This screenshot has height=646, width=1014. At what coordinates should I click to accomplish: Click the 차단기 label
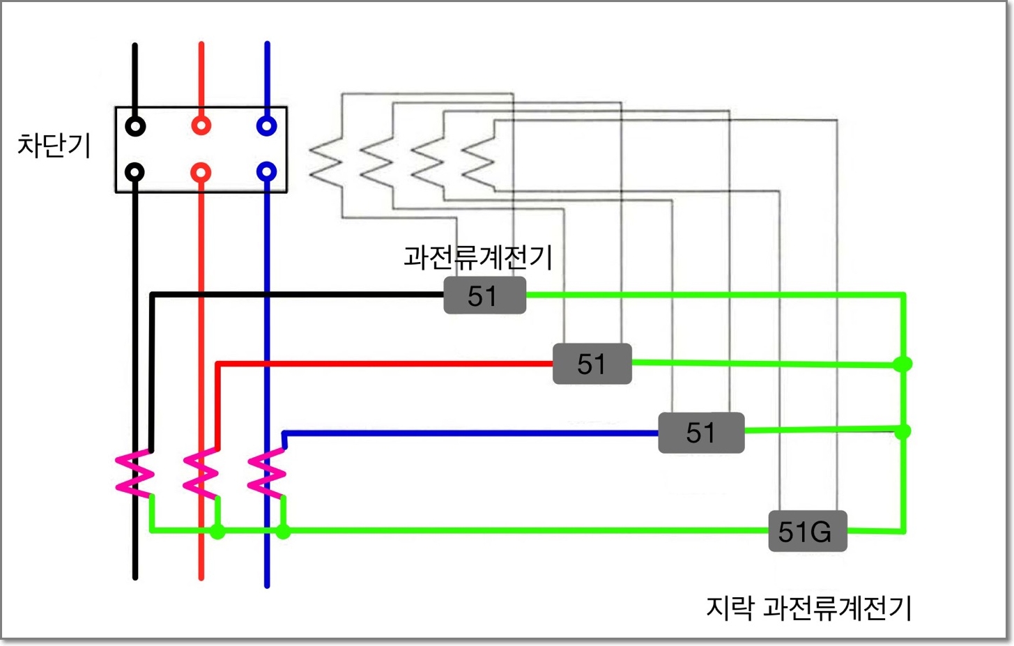click(x=54, y=146)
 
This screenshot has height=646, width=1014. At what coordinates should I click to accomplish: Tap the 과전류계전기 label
click(x=478, y=257)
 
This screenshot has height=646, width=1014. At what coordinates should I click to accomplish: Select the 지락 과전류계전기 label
click(x=809, y=608)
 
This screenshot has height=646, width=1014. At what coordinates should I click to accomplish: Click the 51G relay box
click(x=807, y=532)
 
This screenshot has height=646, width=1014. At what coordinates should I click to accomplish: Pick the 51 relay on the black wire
click(x=484, y=295)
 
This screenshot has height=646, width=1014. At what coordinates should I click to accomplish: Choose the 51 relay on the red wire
click(x=592, y=364)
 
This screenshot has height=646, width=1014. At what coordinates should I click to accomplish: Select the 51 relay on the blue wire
click(x=701, y=433)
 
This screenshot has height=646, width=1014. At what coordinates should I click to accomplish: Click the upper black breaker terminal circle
click(x=135, y=126)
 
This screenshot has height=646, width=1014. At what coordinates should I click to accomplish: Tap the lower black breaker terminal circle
click(x=135, y=172)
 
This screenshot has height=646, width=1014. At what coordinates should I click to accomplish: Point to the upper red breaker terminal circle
click(x=201, y=126)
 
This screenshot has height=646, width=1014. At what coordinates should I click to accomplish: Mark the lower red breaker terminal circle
click(x=201, y=172)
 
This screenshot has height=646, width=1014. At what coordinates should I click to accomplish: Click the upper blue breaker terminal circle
click(x=267, y=126)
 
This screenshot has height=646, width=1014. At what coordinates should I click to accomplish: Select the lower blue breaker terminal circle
click(x=267, y=171)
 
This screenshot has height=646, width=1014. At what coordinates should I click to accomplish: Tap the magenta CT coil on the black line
click(x=135, y=474)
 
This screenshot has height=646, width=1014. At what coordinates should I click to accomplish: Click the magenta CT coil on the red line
click(x=201, y=474)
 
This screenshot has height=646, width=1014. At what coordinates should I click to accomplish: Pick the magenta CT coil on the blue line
click(x=267, y=474)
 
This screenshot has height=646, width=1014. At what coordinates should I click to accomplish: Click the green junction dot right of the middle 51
click(x=903, y=364)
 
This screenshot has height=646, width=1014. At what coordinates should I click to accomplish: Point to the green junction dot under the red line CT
click(x=217, y=532)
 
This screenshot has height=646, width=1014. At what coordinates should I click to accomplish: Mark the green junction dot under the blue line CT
click(x=283, y=532)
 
